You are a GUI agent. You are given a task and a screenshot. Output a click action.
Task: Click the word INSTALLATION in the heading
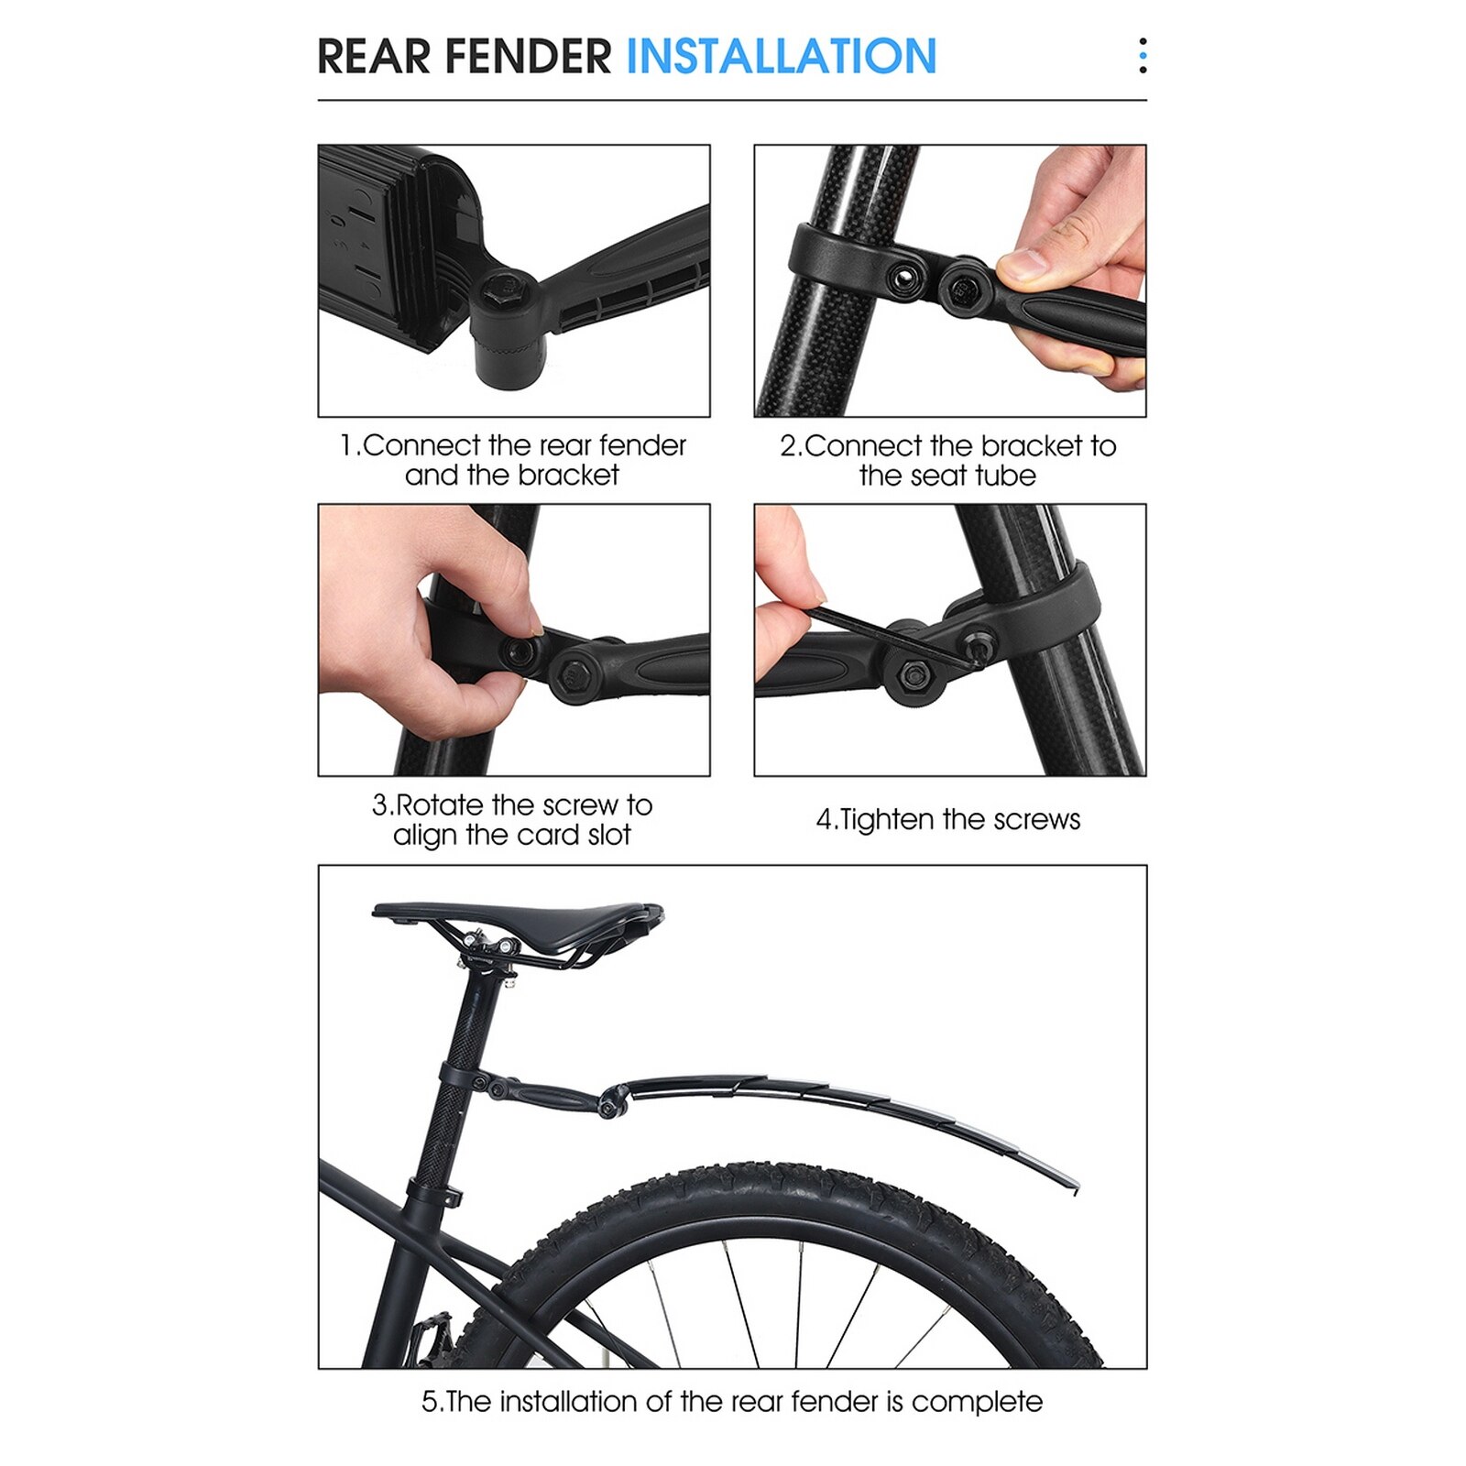pos(781,57)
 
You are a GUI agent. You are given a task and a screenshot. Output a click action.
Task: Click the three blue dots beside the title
pos(1142,56)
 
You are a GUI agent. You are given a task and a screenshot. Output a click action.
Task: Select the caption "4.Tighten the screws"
pos(948,819)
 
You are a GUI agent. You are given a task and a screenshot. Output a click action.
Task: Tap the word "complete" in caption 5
pos(977,1401)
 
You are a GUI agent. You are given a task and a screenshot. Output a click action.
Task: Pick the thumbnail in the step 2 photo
pos(1028,265)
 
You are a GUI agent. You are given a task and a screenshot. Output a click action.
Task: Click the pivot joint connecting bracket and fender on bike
pos(611,1100)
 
